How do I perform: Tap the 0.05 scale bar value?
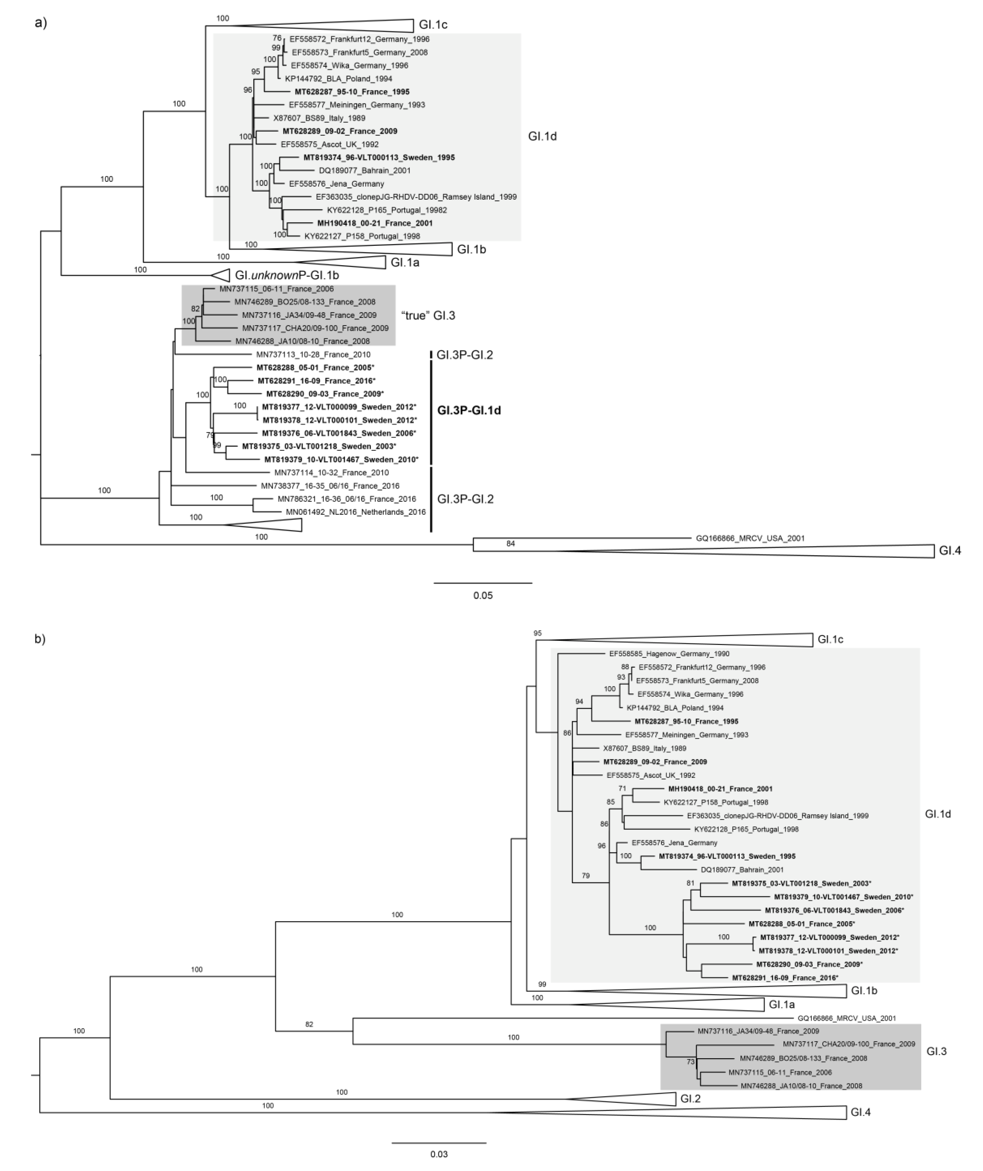[x=482, y=595]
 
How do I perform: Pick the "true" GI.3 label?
[x=428, y=316]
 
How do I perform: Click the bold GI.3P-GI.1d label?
[x=469, y=411]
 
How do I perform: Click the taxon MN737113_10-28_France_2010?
[x=313, y=355]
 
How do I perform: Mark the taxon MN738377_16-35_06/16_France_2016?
[x=330, y=486]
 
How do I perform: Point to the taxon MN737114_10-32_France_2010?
[x=331, y=473]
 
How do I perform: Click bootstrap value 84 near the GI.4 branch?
[x=511, y=544]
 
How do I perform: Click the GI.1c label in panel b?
[x=830, y=639]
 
